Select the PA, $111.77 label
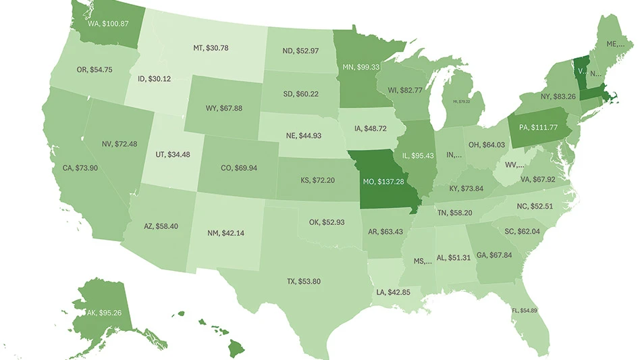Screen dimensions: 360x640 [x=537, y=127]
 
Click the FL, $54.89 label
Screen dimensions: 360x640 [x=523, y=309]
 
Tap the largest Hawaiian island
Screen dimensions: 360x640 [x=237, y=349]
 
